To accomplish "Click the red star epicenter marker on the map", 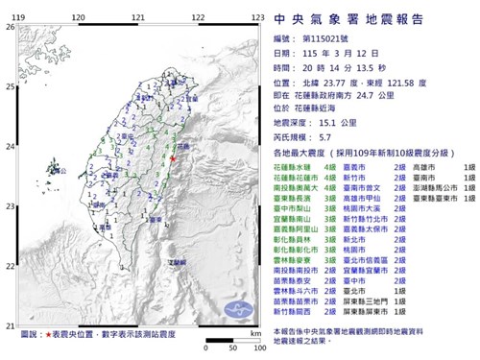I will [173, 157].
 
